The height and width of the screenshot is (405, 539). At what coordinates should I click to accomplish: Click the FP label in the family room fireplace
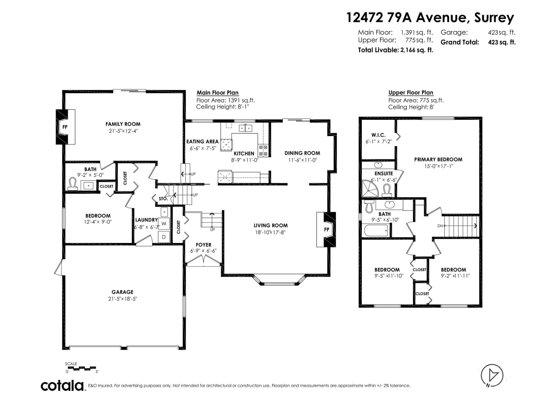pos(65,127)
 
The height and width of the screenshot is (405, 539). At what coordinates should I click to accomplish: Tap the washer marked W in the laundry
pos(164,223)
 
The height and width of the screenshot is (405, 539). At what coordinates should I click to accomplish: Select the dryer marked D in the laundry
pos(164,237)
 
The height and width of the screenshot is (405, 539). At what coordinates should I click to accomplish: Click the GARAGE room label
pos(123,292)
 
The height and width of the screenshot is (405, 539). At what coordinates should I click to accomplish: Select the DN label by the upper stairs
pos(440,226)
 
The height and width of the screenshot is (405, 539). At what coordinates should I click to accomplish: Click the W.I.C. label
pos(378,135)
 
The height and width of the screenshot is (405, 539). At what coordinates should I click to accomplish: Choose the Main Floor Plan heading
pos(218,93)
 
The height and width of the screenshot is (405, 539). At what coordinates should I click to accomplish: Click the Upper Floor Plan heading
pos(411,92)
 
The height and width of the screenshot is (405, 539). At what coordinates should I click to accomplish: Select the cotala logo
pos(63,385)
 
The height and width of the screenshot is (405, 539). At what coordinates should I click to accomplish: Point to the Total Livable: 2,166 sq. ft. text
pos(395,50)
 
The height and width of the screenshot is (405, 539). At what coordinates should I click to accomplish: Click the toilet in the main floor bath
pos(72,184)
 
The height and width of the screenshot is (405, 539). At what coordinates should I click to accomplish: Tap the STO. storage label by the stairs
pos(163,199)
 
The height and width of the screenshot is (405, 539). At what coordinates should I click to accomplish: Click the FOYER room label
pos(203,245)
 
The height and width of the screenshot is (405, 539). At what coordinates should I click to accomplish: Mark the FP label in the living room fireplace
pos(326,230)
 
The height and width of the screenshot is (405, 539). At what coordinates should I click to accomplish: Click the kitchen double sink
pos(246,128)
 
